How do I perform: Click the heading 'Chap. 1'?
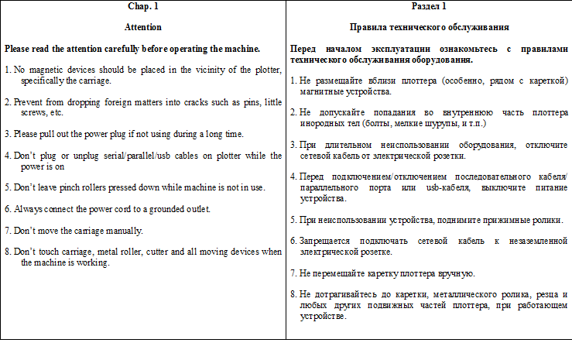point(142,7)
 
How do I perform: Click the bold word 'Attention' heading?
point(142,27)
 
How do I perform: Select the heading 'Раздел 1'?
point(429,7)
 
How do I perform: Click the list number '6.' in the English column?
point(8,209)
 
